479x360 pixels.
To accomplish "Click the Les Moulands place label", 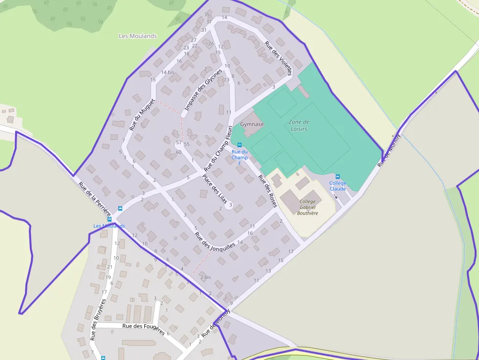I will [138, 36].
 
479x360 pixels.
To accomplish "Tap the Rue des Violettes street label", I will [278, 58].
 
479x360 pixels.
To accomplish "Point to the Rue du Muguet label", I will [142, 115].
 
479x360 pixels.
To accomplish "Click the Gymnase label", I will [252, 124].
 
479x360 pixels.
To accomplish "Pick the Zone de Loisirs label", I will [298, 125].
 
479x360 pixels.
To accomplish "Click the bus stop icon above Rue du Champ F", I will [239, 145].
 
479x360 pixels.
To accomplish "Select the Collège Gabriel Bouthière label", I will [308, 207].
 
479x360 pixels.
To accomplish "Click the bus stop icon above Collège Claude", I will [338, 176].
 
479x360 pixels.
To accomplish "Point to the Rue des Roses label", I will [267, 191].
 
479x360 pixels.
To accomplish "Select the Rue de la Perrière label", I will [95, 199].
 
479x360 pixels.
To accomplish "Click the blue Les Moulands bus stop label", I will [109, 226].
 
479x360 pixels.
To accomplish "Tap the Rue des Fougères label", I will [143, 327].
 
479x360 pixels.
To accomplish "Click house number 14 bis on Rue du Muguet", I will [168, 72].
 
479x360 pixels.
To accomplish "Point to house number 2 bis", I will [205, 277].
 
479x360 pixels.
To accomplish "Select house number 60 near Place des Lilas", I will [178, 152].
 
